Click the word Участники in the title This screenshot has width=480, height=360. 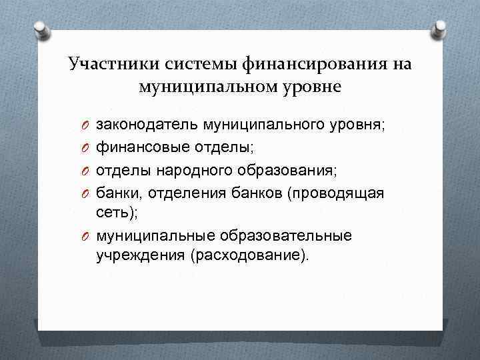coord(106,65)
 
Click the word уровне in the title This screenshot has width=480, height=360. coord(309,87)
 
